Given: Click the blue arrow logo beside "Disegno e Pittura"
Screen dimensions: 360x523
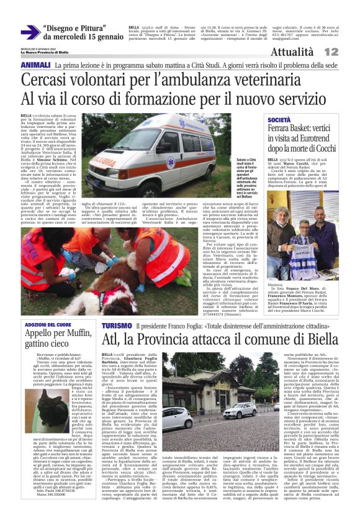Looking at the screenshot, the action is (x=30, y=32).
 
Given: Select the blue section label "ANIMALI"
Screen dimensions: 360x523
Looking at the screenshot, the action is (x=35, y=65).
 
